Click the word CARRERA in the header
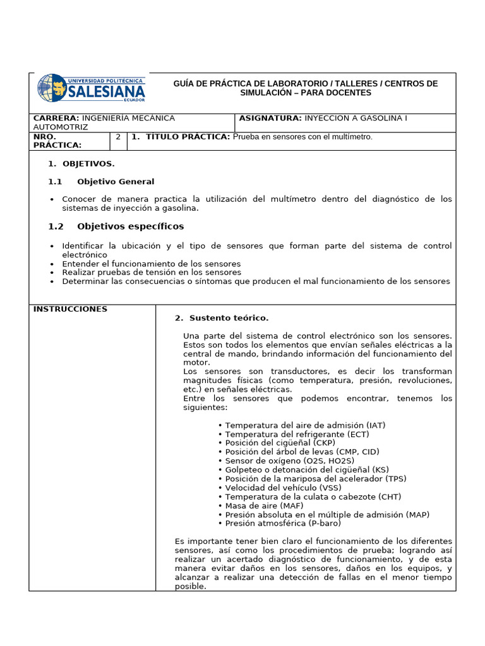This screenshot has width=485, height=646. coord(56,118)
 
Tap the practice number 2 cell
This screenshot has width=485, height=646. coord(118,136)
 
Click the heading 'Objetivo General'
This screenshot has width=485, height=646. coord(116,182)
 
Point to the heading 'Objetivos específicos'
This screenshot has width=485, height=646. coord(131,226)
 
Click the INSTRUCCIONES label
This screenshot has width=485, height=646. coord(70,309)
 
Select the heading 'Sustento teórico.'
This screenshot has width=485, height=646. coord(229,318)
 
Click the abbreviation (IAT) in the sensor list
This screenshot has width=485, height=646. coord(373,425)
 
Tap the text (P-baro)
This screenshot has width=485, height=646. coord(325,524)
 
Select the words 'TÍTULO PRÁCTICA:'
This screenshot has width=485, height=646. coord(188,136)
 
